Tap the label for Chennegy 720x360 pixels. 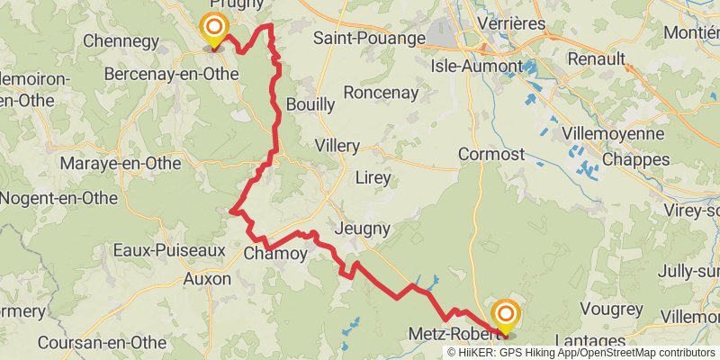(121, 40)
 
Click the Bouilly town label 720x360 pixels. (310, 104)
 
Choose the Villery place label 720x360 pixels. (337, 146)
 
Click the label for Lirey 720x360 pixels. (373, 177)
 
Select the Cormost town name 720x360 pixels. (491, 154)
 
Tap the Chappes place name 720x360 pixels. (635, 159)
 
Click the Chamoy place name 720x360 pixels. (275, 255)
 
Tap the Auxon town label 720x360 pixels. (208, 279)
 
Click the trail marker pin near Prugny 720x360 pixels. (214, 31)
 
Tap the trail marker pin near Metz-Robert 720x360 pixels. (505, 315)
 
